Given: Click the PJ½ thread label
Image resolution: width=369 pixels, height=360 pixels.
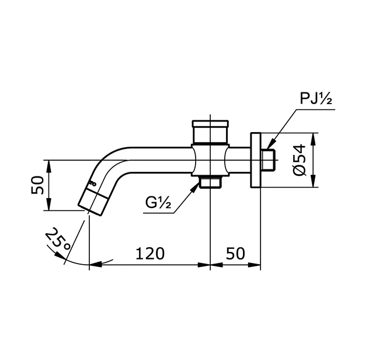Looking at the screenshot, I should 316,99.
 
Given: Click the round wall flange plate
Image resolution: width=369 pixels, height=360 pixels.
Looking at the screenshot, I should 255,161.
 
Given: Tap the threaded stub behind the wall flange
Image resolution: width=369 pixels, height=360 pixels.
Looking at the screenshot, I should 267,160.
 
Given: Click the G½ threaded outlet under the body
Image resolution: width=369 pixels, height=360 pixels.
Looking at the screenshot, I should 210,182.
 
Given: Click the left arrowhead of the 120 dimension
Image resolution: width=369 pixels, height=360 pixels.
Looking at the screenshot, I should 93,265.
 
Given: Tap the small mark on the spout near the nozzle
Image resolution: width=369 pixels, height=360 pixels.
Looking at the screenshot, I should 91,184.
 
